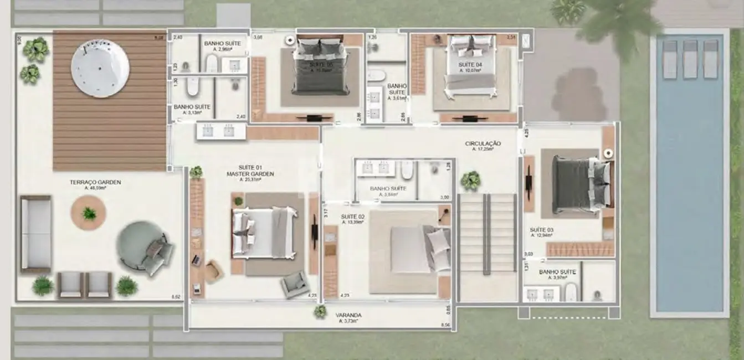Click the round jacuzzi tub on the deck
[x=100, y=68]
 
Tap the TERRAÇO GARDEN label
[x=95, y=182]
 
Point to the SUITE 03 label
[x=541, y=229]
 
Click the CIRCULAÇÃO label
[x=483, y=143]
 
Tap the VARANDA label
[x=348, y=315]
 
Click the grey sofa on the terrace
[x=36, y=234]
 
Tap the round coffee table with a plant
[x=89, y=213]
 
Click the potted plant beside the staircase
[x=470, y=180]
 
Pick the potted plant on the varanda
[x=320, y=311]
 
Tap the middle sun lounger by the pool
[x=690, y=59]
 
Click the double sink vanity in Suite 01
[x=217, y=131]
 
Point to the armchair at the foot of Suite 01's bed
[x=294, y=284]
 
